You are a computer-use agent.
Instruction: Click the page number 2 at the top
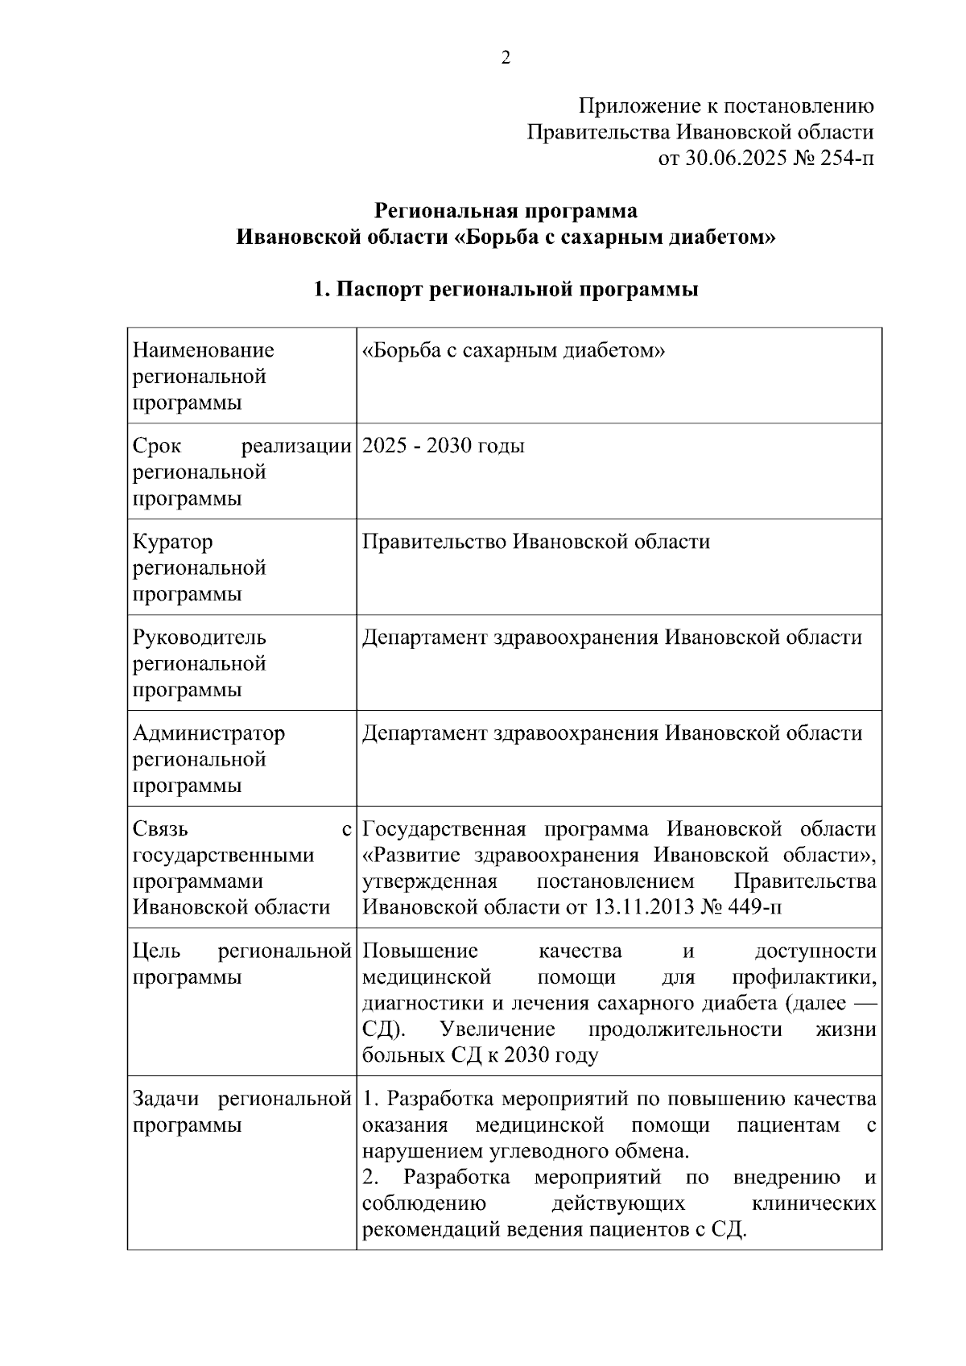(x=506, y=58)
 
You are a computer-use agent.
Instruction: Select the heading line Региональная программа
(x=506, y=211)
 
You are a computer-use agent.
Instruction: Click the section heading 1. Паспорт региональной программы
(x=506, y=289)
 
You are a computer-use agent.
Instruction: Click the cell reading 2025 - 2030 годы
(x=444, y=445)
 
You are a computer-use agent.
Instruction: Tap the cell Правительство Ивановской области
(x=536, y=542)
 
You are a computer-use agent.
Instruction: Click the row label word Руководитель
(x=199, y=638)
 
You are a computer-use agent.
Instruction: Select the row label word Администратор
(x=208, y=733)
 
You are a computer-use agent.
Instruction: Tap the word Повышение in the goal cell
(x=420, y=951)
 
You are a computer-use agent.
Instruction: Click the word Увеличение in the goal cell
(x=497, y=1030)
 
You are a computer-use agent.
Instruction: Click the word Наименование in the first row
(x=203, y=350)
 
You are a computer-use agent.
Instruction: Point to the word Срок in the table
(x=157, y=445)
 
